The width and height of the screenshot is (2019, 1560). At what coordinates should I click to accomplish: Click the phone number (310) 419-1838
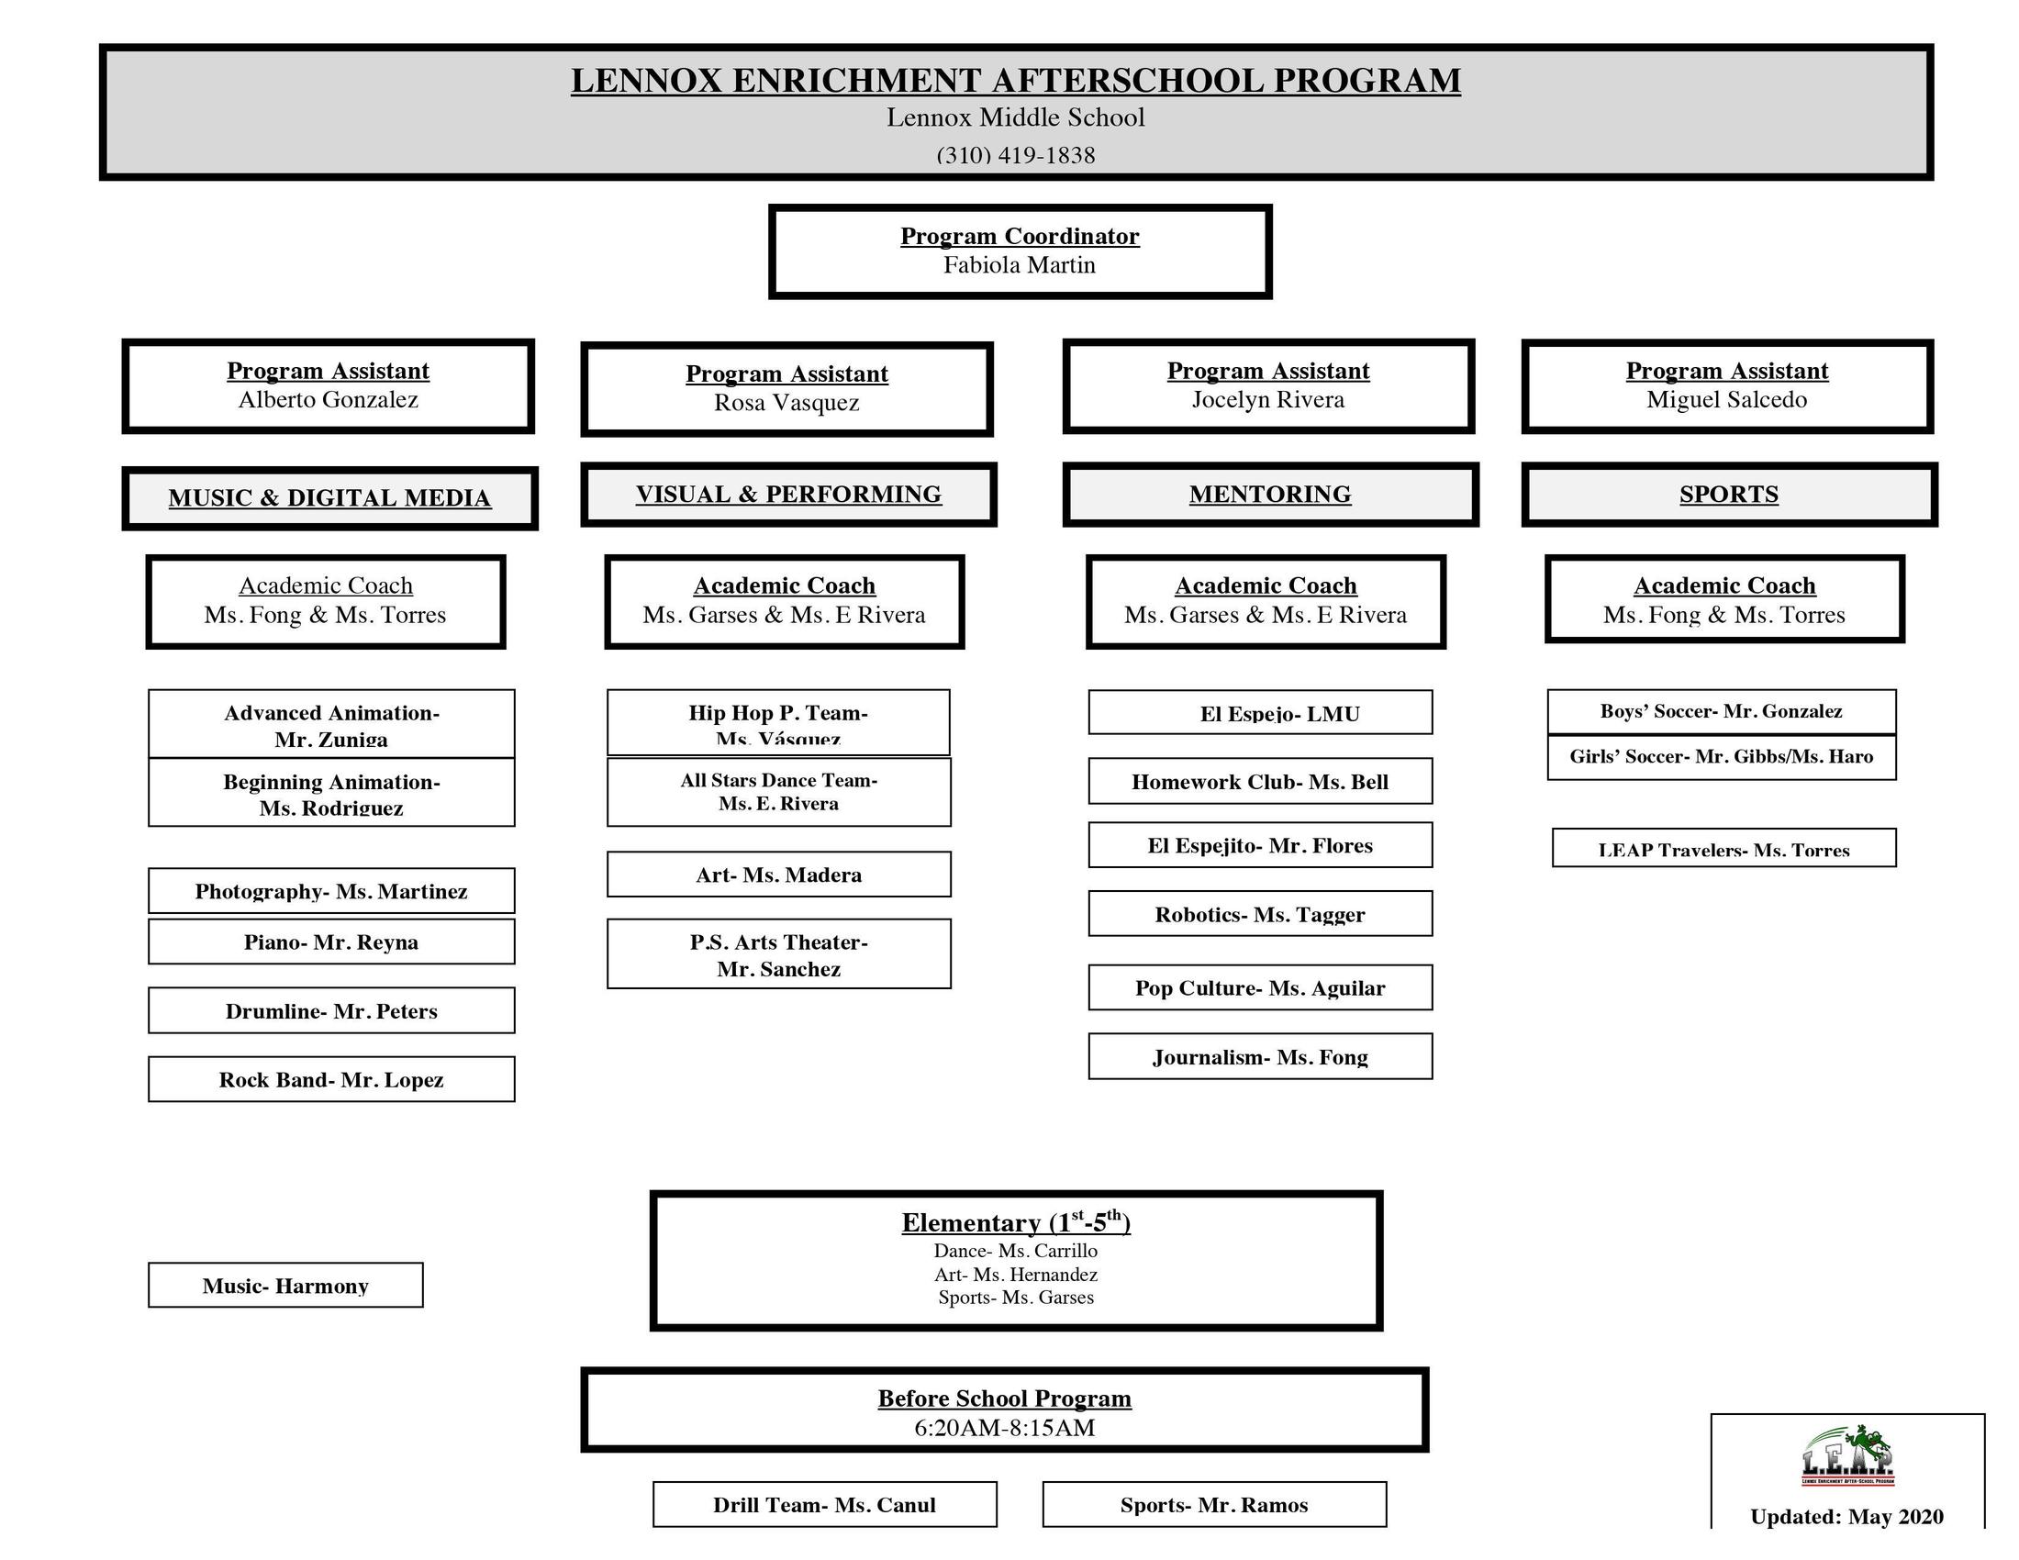point(1015,155)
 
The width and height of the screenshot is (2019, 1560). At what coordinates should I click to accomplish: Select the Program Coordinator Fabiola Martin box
point(1020,251)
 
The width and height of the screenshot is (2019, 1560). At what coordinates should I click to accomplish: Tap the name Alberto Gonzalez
point(329,400)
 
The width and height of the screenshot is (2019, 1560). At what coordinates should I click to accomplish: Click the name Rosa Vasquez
point(786,403)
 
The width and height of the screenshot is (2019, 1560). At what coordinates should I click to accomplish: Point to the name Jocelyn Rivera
point(1267,400)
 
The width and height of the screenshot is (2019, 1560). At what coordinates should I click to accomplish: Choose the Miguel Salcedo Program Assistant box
point(1727,386)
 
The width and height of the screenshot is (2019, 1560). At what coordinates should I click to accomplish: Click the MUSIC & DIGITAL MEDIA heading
point(329,498)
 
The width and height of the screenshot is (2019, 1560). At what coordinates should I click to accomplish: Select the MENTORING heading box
point(1269,495)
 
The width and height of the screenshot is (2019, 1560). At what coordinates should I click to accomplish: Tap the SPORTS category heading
point(1728,495)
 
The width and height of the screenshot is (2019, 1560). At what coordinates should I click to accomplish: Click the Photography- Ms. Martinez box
point(331,891)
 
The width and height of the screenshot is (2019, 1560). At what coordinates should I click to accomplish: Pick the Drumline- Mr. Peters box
point(331,1010)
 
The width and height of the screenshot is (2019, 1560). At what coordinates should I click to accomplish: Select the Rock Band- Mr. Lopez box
point(331,1079)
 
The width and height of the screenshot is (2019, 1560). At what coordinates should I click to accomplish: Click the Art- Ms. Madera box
point(778,875)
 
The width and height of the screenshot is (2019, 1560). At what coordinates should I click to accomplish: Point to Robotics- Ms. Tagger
point(1259,914)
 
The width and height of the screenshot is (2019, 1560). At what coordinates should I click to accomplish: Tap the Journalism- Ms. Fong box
point(1259,1056)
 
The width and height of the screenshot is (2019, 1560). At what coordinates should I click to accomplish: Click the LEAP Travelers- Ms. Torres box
point(1723,849)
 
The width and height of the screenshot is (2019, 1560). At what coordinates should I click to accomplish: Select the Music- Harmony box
point(284,1286)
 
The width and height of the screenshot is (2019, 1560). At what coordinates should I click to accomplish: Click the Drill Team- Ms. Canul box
point(824,1505)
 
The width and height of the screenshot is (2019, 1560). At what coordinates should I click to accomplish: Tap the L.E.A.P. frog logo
point(1847,1455)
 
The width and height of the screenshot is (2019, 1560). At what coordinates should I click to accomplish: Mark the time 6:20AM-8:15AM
point(1004,1428)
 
